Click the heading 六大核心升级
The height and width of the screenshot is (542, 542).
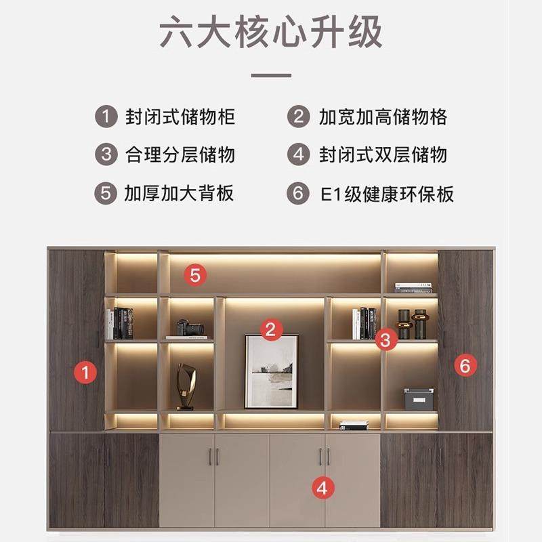(271, 33)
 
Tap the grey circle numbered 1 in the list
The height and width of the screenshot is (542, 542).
(105, 116)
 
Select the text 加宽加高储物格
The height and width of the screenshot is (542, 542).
(383, 116)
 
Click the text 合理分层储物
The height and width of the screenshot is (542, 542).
(180, 154)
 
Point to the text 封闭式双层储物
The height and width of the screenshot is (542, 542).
(383, 154)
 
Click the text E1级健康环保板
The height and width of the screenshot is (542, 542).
(387, 194)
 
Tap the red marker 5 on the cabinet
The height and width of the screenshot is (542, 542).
(195, 274)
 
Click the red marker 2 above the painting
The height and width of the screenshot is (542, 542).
(270, 330)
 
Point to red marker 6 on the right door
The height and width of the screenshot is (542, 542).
(465, 366)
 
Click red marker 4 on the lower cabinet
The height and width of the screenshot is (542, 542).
(323, 486)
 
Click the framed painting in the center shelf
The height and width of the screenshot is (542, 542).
(271, 372)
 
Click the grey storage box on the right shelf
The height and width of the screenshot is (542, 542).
(419, 399)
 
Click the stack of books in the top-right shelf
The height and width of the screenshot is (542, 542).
(413, 288)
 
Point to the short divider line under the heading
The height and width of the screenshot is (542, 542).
(271, 75)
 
